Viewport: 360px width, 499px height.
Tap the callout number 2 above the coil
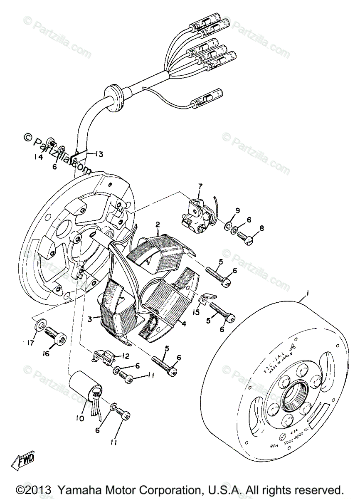point(158,225)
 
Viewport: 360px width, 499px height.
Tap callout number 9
point(237,211)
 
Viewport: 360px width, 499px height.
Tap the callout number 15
point(195,312)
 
